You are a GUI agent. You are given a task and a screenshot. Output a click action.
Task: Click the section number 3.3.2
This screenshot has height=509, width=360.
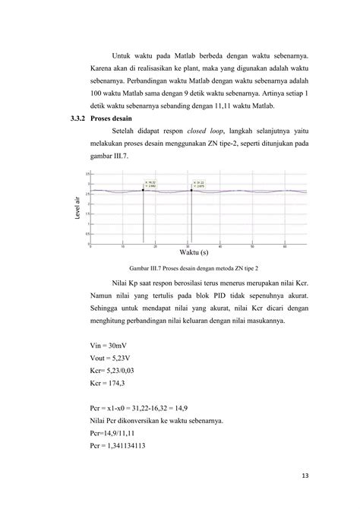click(77, 119)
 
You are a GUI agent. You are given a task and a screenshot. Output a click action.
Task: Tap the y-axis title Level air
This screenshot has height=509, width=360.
click(79, 208)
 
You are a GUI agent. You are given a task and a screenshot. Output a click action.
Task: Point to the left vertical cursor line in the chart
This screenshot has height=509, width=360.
click(143, 220)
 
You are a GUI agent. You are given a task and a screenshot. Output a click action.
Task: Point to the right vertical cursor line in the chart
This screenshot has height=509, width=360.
click(191, 220)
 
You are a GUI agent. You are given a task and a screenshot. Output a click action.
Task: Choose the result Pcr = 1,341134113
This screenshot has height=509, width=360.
click(117, 452)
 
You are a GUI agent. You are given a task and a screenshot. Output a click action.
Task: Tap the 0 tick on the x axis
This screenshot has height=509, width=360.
click(90, 246)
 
